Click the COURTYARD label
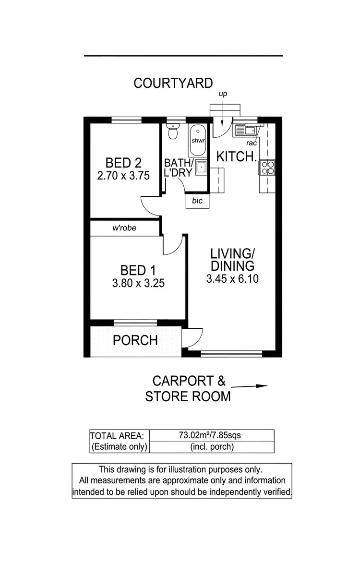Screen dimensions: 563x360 pos(173,83)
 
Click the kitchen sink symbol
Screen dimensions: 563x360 pos(246,130)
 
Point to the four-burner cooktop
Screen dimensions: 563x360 pos(267,168)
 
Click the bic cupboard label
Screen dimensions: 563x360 pos(197,201)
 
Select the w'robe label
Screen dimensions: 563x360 pos(124,228)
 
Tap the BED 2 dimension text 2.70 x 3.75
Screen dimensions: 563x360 pos(123,176)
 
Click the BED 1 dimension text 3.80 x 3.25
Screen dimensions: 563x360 pos(138,283)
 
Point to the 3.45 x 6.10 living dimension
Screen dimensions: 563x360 pos(232,278)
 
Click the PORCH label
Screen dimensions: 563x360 pos(135,340)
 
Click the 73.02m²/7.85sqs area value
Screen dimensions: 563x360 pos(210,435)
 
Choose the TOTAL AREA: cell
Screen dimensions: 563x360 pos(117,436)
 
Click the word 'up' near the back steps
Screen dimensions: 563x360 pos(223,94)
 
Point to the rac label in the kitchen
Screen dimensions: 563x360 pos(252,143)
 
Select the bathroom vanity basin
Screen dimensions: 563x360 pos(201,168)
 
